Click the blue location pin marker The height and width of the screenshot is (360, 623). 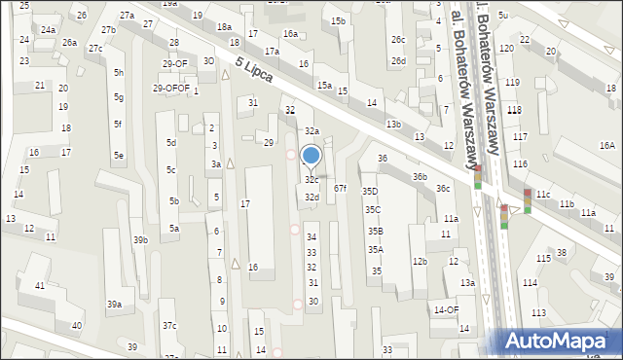point(311,156)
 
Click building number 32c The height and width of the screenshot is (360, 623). point(311,180)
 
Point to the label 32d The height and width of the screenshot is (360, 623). point(311,198)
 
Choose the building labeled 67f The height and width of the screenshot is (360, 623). point(340,188)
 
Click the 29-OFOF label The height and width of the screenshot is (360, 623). point(171,89)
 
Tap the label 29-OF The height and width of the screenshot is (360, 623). point(175,64)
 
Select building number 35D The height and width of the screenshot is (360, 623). point(370,192)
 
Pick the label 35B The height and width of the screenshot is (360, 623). point(375,231)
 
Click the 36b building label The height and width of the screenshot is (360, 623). point(420,177)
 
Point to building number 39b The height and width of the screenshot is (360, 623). point(140,239)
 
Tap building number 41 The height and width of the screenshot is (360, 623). point(40,285)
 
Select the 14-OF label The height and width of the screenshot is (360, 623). point(446,310)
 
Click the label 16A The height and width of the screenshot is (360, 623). point(607,145)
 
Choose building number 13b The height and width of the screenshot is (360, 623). point(393,125)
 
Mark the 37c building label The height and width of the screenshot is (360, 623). point(169,325)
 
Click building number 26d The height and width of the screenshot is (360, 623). point(398,60)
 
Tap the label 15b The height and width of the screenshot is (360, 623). point(338,21)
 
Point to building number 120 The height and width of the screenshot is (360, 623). point(506,48)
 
